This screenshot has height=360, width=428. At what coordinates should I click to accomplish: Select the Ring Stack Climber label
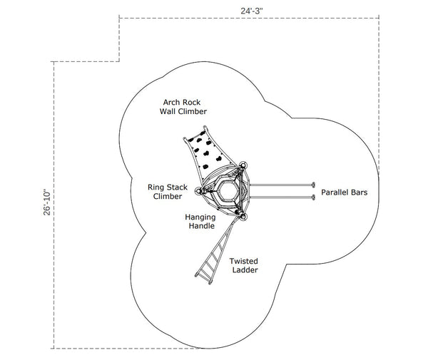[x=168, y=192]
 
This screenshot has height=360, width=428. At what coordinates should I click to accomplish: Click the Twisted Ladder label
[x=244, y=266]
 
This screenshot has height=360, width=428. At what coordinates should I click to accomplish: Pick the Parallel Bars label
[x=345, y=192]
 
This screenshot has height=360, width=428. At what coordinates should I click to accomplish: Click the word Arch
[x=172, y=102]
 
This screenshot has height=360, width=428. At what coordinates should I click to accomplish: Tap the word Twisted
[x=244, y=261]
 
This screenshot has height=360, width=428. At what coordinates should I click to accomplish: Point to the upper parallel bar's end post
[x=312, y=184]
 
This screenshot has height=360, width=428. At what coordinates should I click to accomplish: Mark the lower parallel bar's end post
[x=312, y=196]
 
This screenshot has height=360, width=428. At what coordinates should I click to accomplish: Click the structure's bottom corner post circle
[x=243, y=215]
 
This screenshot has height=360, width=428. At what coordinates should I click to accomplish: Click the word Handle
[x=202, y=226]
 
